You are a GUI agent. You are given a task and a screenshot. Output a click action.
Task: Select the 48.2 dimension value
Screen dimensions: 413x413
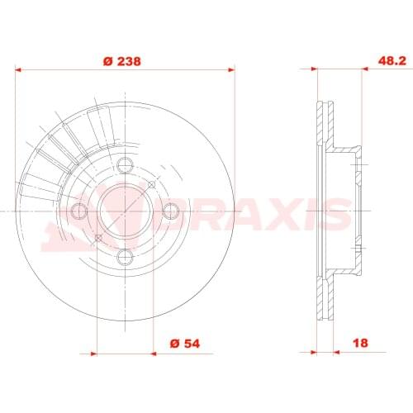click(368, 60)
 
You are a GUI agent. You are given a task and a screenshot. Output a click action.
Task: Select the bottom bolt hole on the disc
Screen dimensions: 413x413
click(126, 256)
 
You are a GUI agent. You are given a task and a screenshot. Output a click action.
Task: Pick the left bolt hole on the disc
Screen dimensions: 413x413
click(79, 211)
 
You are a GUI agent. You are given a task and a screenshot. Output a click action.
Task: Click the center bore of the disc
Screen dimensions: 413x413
click(126, 211)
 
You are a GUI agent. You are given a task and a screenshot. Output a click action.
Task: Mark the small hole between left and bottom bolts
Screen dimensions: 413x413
click(99, 238)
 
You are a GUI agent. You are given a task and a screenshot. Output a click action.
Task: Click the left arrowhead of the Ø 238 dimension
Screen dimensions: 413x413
click(21, 70)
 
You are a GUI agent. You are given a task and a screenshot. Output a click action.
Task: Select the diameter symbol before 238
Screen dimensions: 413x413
click(107, 60)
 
